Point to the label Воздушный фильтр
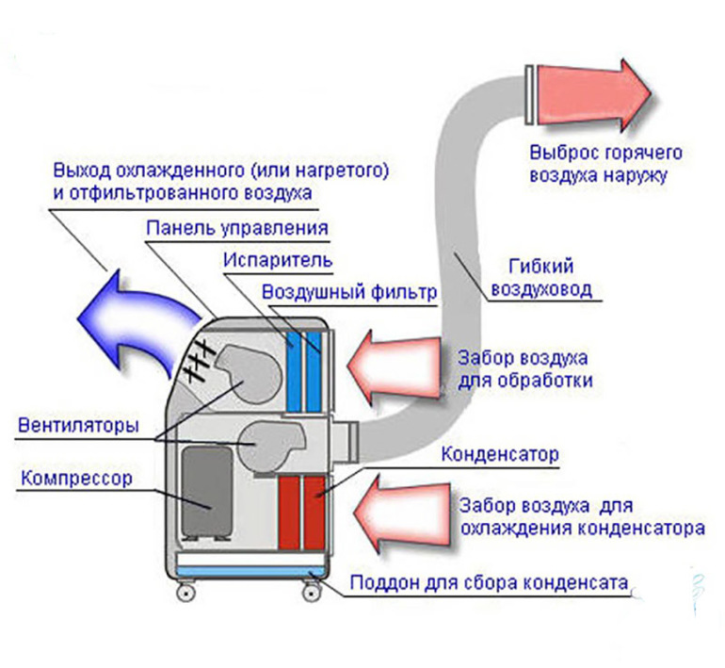[x=349, y=292]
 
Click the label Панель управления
[x=237, y=228]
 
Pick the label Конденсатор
[x=499, y=454]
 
